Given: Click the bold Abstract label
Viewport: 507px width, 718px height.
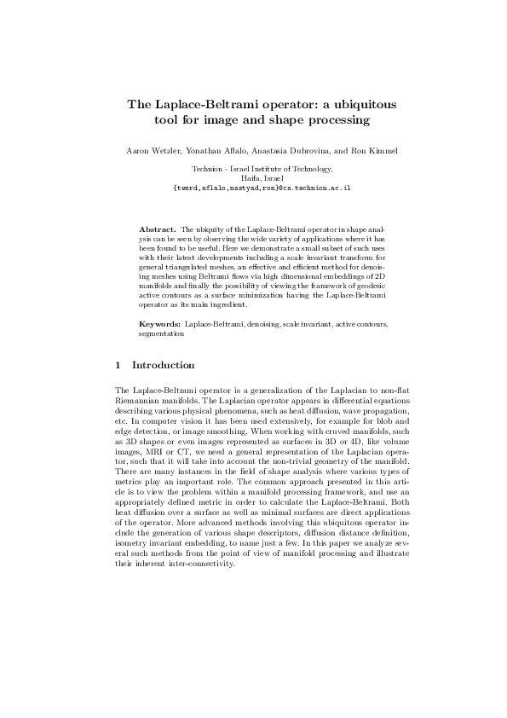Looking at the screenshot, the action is [156, 230].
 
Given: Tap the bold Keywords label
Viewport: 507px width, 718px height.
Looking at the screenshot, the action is [159, 326].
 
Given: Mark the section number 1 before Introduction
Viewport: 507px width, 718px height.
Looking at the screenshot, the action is [118, 365].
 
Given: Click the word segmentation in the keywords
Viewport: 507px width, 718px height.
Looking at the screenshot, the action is [161, 334].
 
